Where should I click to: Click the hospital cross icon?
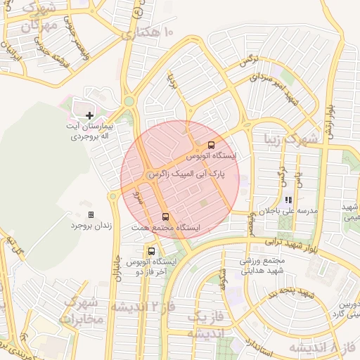(89, 115)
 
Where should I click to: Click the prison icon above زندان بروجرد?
(91, 214)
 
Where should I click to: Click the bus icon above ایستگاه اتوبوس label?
(212, 145)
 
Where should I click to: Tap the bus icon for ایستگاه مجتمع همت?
(166, 217)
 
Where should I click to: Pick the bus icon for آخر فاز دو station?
(151, 251)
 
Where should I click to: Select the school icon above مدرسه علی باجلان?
(288, 200)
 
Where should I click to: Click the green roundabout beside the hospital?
(129, 101)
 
